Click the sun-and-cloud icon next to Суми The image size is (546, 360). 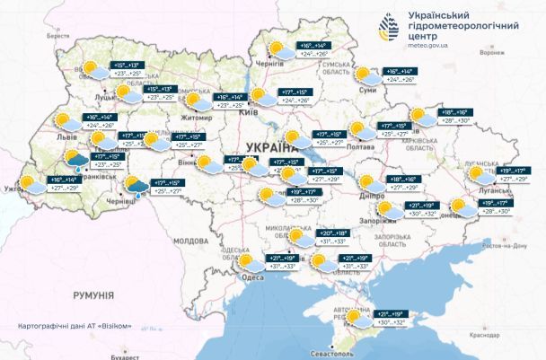pos(365,75)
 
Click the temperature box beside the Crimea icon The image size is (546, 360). pos(395,316)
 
